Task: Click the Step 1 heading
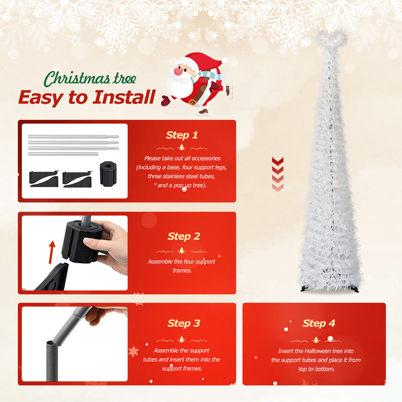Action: (182, 135)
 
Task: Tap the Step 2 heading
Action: (184, 236)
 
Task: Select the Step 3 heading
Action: (184, 323)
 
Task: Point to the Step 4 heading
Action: (319, 323)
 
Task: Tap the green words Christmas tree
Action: (90, 79)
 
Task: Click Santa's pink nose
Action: (178, 71)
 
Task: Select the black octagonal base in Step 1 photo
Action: (108, 174)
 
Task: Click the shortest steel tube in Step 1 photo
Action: (63, 154)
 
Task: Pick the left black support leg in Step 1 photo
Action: (44, 179)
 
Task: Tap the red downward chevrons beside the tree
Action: (278, 174)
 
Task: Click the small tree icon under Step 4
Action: (316, 340)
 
